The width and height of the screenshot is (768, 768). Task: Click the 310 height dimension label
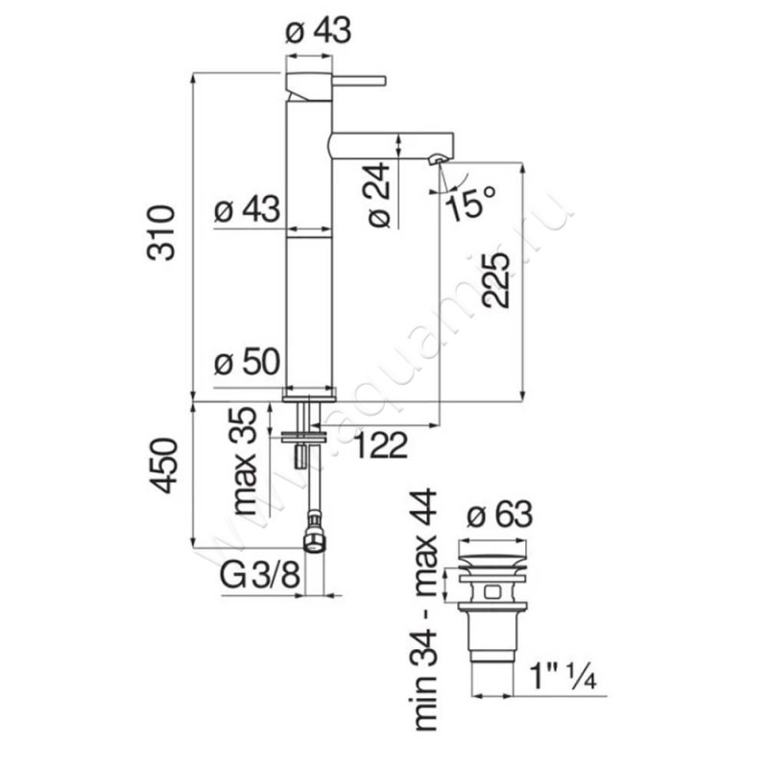pos(160,232)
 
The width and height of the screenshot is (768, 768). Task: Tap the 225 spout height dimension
pos(495,279)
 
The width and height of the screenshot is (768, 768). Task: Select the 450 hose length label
pos(162,466)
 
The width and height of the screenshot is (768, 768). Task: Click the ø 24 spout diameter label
pos(379,195)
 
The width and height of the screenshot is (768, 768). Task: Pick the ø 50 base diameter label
pos(248,362)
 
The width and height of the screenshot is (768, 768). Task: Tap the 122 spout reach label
pos(380,445)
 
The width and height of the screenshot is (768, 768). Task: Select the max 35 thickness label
pos(245,461)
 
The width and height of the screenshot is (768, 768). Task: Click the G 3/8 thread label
pos(259,574)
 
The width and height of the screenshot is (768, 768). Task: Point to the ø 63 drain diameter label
pos(499,515)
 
